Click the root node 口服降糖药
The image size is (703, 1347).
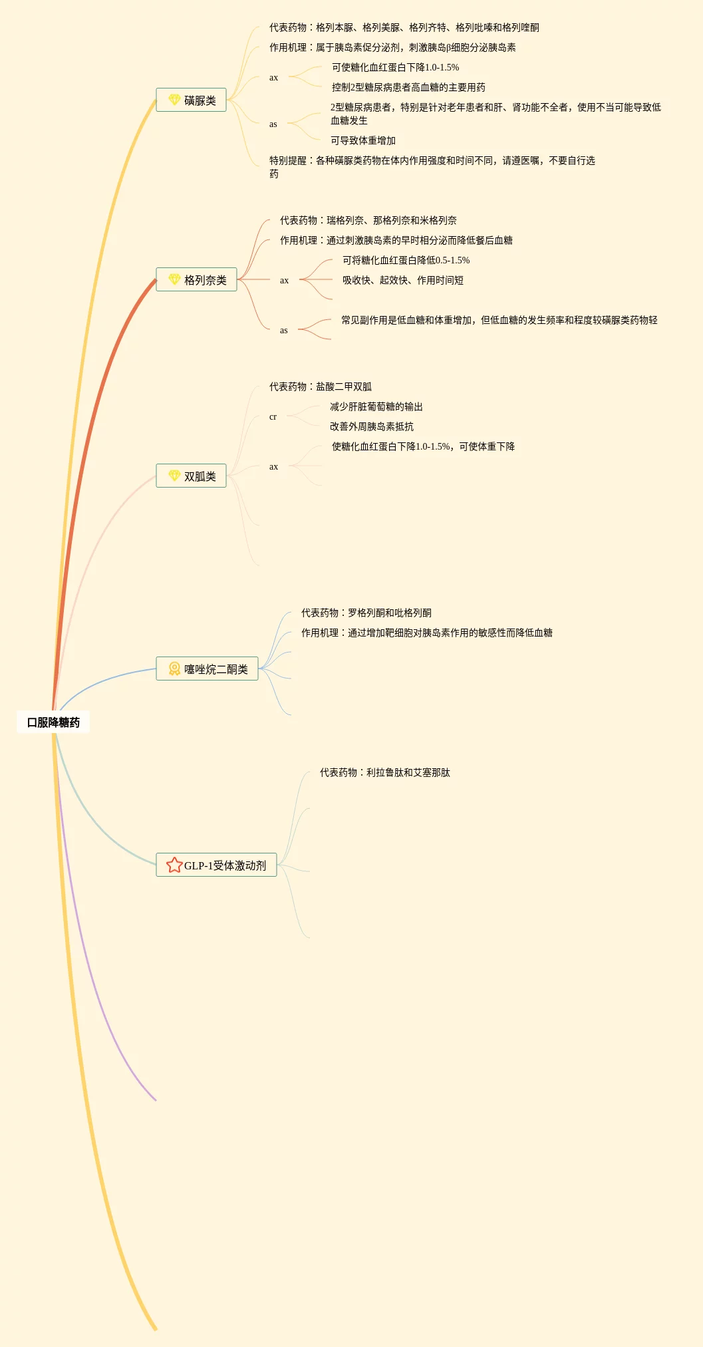[53, 722]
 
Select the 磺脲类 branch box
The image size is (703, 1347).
[191, 100]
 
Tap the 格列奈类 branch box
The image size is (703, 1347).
[196, 280]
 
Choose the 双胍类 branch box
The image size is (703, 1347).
[191, 476]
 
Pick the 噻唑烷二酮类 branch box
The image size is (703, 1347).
[207, 669]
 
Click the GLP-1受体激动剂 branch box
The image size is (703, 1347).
[216, 865]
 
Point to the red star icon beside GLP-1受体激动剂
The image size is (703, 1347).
[174, 865]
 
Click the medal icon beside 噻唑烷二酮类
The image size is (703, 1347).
[174, 669]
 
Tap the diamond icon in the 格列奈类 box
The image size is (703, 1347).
[174, 279]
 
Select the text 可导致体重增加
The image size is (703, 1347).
[363, 140]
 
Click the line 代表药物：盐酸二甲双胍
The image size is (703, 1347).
[320, 386]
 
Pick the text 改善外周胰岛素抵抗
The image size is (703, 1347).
[371, 426]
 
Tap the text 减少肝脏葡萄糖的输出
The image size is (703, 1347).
[376, 406]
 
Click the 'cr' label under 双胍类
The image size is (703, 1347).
[273, 417]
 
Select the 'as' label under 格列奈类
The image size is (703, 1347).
[283, 331]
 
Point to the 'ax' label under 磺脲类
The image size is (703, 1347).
[273, 78]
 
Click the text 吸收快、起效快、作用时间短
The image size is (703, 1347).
[402, 280]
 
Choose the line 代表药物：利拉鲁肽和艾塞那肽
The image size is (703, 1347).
[384, 772]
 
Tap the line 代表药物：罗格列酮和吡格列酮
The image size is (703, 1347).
[366, 613]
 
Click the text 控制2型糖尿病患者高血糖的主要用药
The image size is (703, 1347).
[408, 87]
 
